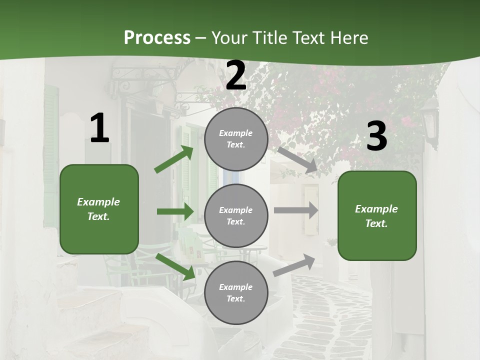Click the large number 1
pos(99,128)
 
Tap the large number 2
pos(236,75)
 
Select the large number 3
pos(376,136)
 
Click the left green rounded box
pos(99,209)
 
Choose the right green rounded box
pos(377,216)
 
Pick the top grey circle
pos(236,139)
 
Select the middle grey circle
pos(236,215)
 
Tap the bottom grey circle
pos(236,292)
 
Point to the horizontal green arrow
pos(175,211)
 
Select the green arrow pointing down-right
pos(175,266)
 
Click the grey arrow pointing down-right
pos(298,159)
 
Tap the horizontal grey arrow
pos(296,210)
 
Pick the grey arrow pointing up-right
pos(294,265)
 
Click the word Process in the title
pos(157,37)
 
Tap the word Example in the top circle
pos(235,133)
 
